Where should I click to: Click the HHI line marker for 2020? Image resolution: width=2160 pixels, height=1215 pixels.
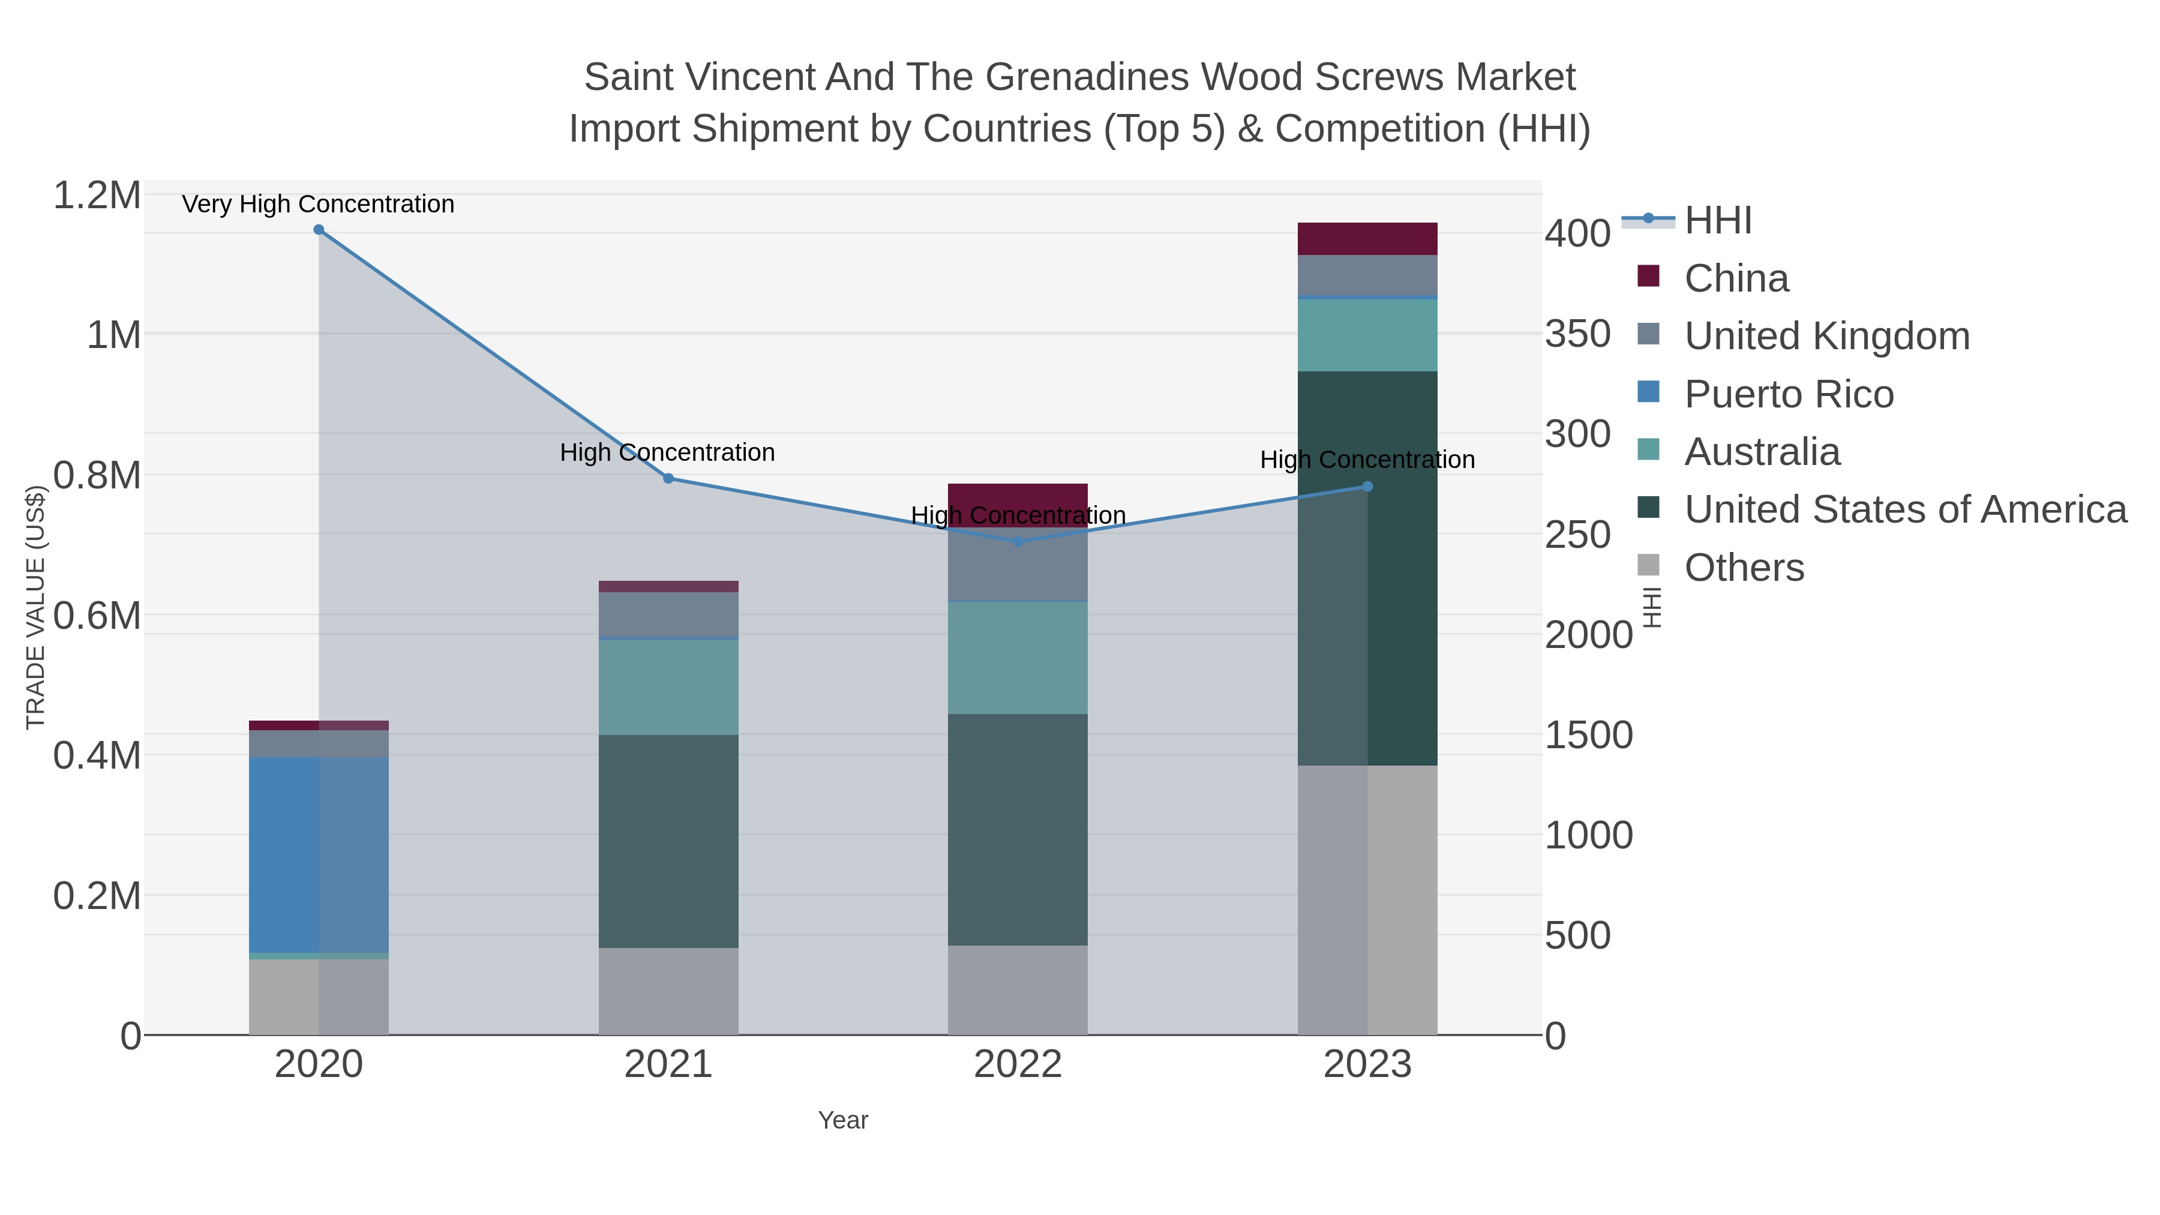tap(319, 230)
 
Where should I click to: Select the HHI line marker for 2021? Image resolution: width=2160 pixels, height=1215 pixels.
tap(668, 479)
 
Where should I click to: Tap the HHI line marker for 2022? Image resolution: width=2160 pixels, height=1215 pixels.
tap(1018, 542)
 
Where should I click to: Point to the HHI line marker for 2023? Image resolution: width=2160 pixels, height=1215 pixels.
tap(1367, 487)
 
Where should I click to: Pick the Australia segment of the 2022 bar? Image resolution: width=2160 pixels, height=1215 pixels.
tap(1018, 658)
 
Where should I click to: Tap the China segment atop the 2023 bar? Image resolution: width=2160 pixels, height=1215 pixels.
tap(1367, 239)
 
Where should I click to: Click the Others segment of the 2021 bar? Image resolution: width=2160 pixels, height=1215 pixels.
tap(668, 991)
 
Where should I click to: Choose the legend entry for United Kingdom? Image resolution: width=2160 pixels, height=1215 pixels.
tap(1826, 336)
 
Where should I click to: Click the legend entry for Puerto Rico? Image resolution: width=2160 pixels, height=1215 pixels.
tap(1789, 394)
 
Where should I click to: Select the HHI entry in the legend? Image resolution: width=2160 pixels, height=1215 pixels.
tap(1717, 221)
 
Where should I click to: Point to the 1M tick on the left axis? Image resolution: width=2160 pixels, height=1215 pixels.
tap(114, 335)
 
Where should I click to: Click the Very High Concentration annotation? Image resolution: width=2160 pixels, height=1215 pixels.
tap(319, 205)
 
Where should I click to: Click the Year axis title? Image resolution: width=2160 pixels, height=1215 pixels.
tap(843, 1120)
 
